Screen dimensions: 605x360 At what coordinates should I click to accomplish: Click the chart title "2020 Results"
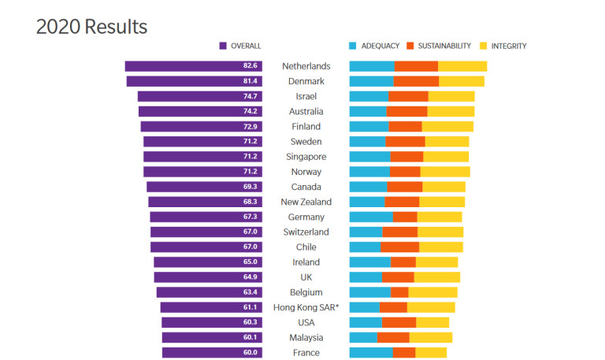(92, 27)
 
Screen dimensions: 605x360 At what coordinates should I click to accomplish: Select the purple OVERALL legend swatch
(223, 46)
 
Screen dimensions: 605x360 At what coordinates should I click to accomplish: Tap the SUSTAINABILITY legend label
(444, 46)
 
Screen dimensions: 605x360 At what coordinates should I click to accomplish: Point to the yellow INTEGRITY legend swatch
(483, 46)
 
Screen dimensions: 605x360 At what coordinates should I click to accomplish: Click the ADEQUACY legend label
(380, 46)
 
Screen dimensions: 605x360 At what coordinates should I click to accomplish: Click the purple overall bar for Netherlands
(193, 66)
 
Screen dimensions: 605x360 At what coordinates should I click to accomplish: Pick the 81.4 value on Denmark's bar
(250, 81)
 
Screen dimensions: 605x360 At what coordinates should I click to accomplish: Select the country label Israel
(306, 96)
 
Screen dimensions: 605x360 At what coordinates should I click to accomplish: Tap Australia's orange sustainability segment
(406, 112)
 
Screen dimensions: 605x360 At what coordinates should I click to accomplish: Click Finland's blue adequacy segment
(369, 127)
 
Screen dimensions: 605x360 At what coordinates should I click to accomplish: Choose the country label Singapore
(306, 157)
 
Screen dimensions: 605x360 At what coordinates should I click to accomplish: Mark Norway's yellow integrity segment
(445, 172)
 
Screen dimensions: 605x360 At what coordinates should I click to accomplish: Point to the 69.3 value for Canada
(250, 187)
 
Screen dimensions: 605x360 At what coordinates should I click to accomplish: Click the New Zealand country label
(306, 202)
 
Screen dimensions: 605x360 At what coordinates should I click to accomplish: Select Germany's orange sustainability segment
(405, 217)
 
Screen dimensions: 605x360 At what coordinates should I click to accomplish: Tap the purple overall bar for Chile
(206, 247)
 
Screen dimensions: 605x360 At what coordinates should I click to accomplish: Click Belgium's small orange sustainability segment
(399, 292)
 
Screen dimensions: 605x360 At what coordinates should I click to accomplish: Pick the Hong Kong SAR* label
(306, 307)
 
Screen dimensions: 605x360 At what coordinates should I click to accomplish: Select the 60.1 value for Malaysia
(250, 338)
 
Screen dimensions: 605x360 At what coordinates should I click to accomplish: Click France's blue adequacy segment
(371, 353)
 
